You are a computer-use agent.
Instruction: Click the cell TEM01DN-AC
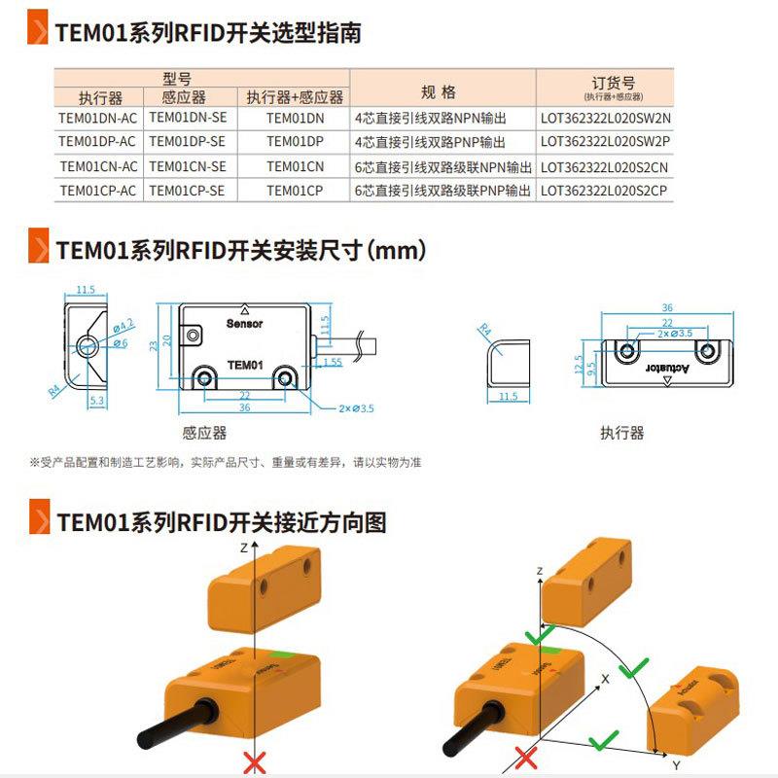click(98, 118)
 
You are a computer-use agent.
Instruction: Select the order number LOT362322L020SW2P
click(606, 142)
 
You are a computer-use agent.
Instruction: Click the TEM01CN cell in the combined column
click(295, 166)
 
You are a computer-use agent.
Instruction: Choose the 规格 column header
click(439, 92)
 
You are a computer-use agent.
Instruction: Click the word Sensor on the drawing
click(244, 323)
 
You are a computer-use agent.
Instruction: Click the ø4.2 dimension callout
click(123, 325)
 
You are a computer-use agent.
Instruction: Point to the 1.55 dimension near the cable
click(331, 362)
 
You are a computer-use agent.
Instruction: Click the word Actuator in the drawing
click(667, 368)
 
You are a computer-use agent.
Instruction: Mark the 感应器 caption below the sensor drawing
click(204, 432)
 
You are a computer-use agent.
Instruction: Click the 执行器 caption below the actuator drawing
click(622, 433)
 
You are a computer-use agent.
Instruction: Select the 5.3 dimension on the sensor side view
click(95, 399)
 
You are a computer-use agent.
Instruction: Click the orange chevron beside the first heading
click(39, 31)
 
